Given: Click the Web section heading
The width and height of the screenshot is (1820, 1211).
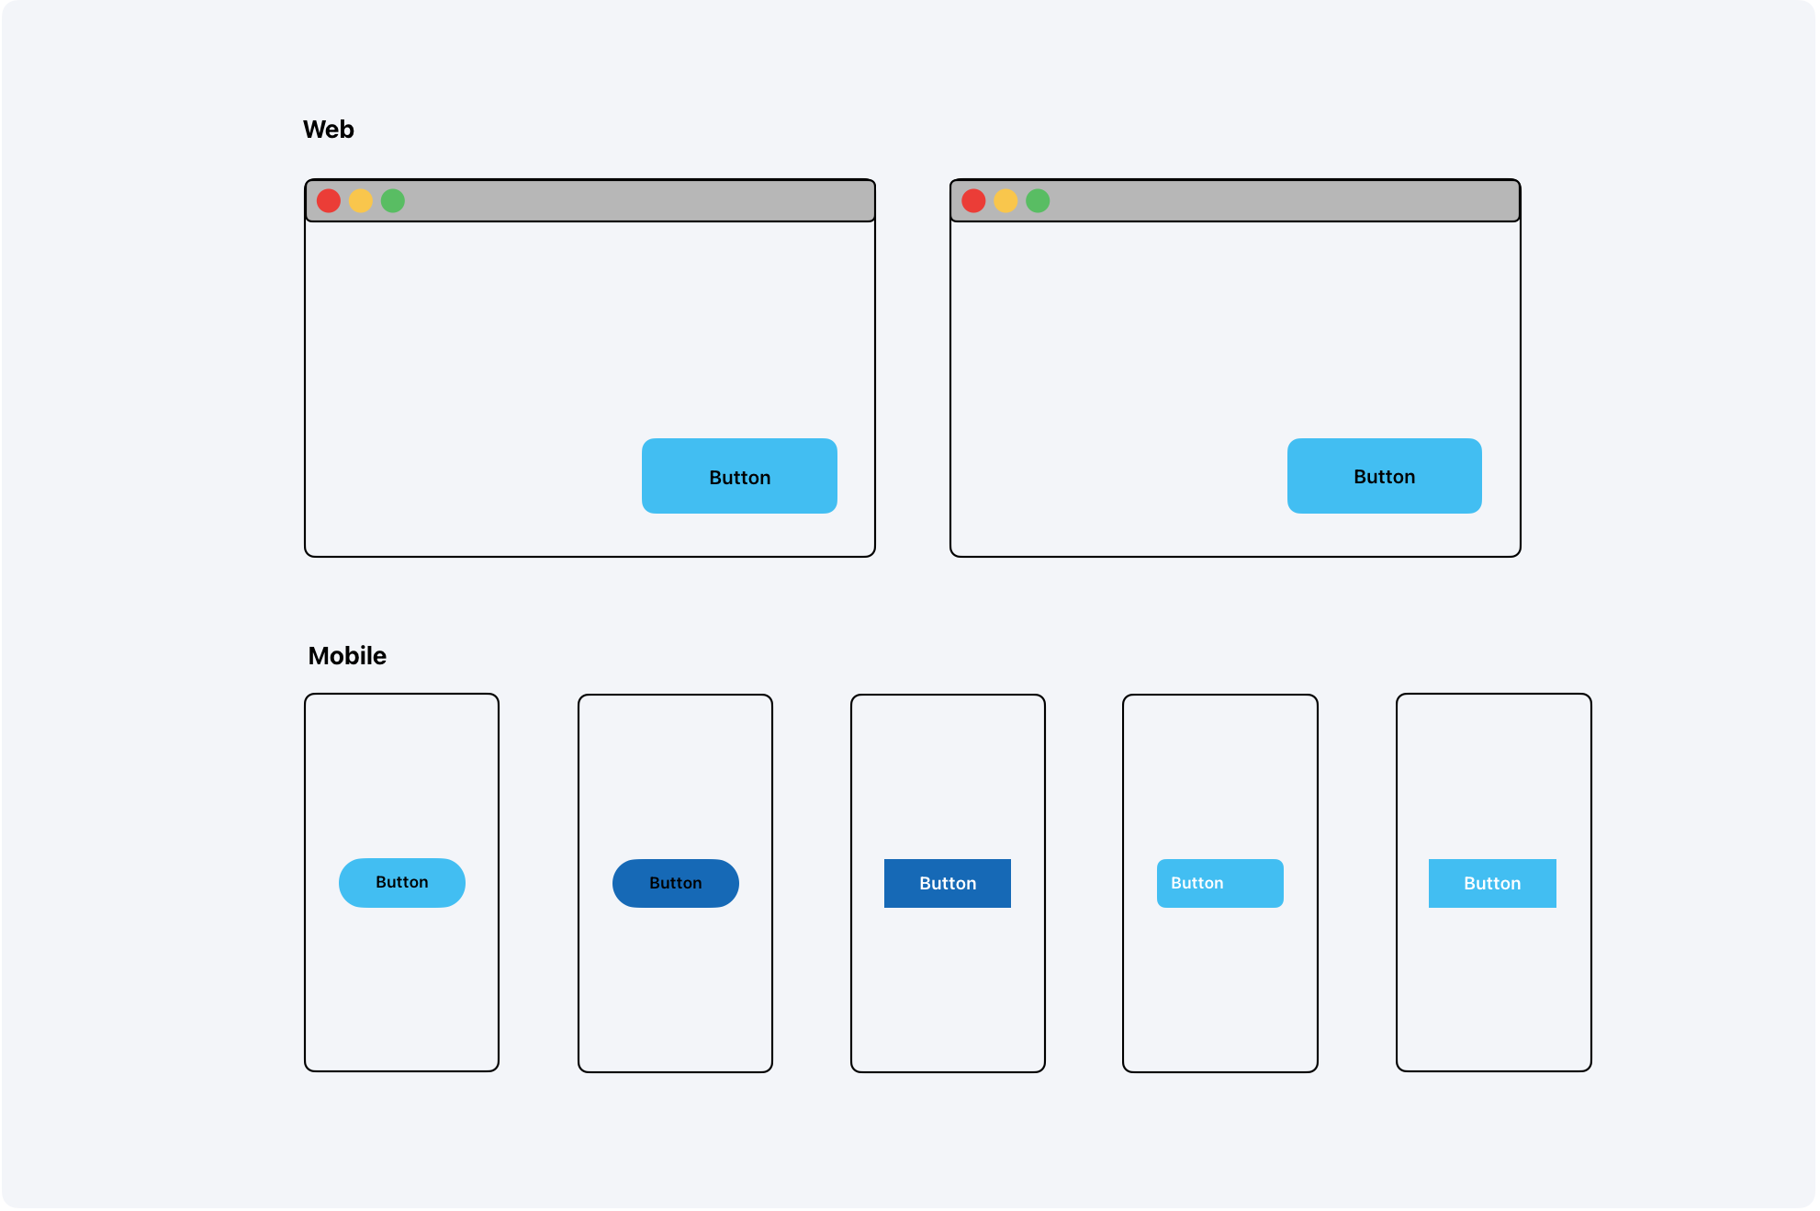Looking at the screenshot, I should coord(328,130).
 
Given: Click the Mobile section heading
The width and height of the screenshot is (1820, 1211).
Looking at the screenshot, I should coord(347,656).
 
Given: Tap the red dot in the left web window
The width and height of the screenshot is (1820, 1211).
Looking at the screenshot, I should coord(329,201).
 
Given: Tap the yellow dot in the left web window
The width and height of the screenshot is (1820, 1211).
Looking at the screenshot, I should coord(361,201).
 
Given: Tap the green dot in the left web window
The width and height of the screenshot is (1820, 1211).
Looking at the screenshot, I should coord(393,201).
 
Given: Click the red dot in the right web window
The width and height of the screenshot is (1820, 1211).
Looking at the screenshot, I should coord(973,201).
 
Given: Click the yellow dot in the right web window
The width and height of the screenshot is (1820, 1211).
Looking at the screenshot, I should coord(1005,201).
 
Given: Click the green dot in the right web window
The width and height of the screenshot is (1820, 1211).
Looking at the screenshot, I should coord(1038,201).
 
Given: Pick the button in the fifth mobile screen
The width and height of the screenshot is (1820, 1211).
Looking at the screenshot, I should coord(1492,884).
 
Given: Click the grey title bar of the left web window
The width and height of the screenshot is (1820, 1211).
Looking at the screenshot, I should coord(634,201).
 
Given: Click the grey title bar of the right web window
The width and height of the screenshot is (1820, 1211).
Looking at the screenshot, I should coord(1276,201).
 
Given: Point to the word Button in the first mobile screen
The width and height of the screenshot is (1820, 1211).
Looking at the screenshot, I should coord(402,882).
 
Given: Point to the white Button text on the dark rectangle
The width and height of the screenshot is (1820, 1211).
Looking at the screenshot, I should coord(948,884).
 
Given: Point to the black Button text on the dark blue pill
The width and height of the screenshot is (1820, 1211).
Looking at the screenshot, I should coord(676,884).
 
